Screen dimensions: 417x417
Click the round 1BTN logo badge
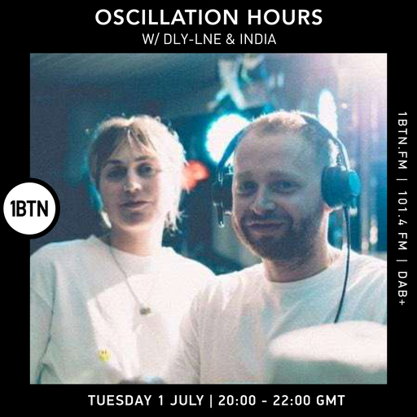point(29,208)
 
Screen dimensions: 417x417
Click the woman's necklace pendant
point(145,309)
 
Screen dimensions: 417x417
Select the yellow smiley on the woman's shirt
point(103,355)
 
